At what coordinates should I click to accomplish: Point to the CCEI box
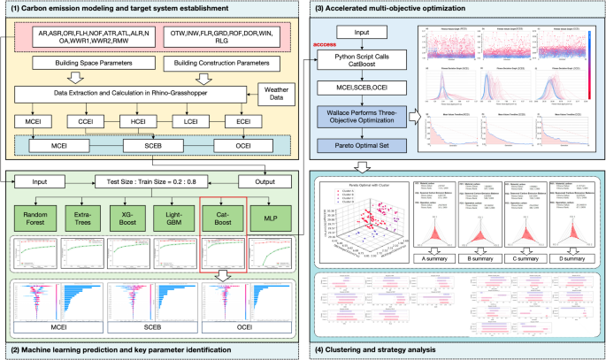coord(85,121)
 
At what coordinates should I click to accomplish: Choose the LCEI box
coord(188,121)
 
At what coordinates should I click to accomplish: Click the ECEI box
coord(240,121)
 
